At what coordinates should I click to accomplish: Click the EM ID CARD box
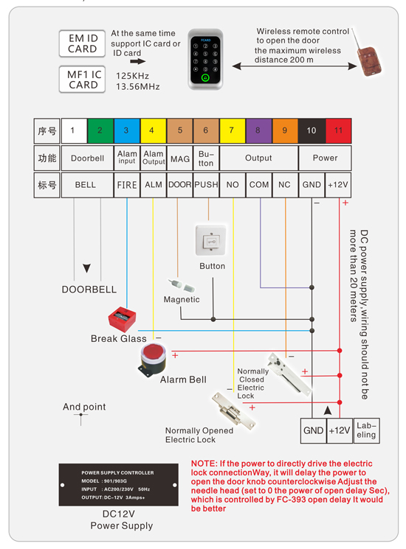pos(83,43)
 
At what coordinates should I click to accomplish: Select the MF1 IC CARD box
pos(83,79)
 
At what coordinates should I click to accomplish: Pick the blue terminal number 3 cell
pos(127,130)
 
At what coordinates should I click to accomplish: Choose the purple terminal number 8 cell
pos(258,130)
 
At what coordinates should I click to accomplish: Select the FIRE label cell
pos(127,185)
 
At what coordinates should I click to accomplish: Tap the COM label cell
pos(258,185)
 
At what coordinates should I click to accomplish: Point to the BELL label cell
pos(86,185)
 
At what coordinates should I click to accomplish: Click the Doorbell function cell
pos(86,158)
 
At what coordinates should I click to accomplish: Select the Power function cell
pos(325,158)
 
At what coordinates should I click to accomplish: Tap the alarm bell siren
pos(153,359)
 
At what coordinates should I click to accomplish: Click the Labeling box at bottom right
pos(367,430)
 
